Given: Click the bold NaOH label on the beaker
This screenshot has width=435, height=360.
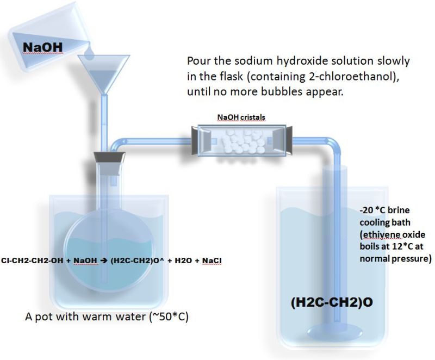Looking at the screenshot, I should click(43, 47).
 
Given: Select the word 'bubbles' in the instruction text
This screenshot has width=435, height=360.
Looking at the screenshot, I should click(287, 92).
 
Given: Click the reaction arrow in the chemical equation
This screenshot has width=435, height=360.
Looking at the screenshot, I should click(103, 261).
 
